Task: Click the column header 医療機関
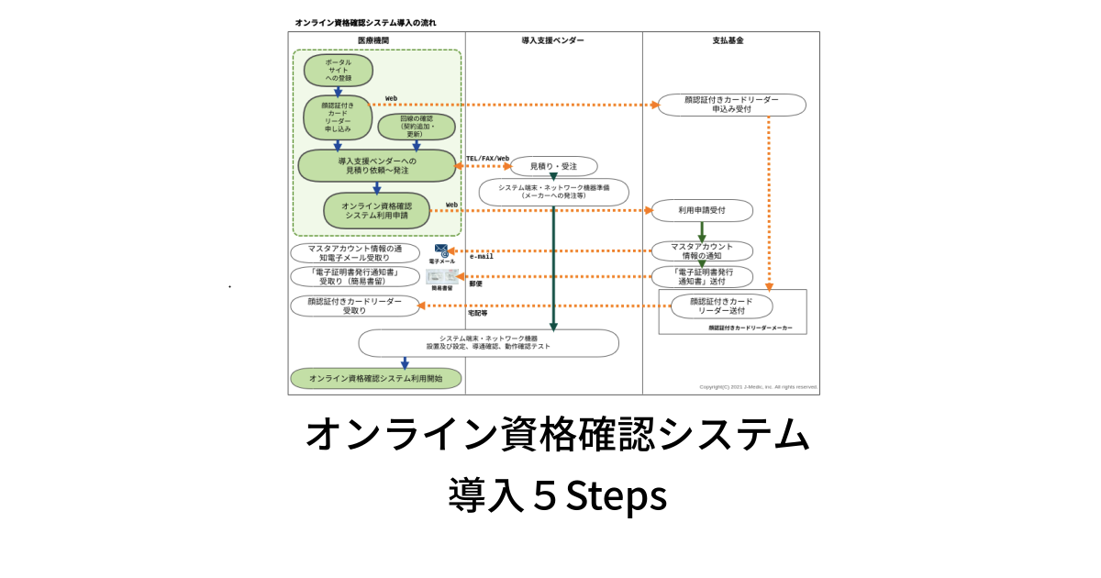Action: (373, 40)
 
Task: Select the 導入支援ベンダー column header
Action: (552, 40)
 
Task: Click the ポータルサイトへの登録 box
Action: (338, 70)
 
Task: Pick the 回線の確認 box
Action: (417, 127)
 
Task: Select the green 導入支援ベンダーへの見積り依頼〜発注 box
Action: (376, 165)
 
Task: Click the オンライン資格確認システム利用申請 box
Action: (376, 210)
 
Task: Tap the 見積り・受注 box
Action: (553, 166)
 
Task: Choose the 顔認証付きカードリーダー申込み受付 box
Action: (731, 105)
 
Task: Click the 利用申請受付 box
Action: (702, 210)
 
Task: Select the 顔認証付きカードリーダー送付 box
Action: (721, 306)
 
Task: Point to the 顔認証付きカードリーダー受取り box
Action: (354, 306)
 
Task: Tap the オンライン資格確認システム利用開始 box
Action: (375, 378)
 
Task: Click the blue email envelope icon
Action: (441, 250)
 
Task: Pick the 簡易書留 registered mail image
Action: (441, 276)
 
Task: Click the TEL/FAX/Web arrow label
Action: (487, 159)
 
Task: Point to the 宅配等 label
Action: (477, 314)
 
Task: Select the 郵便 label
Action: (475, 284)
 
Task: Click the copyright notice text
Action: (758, 387)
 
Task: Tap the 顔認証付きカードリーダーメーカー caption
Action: (750, 328)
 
